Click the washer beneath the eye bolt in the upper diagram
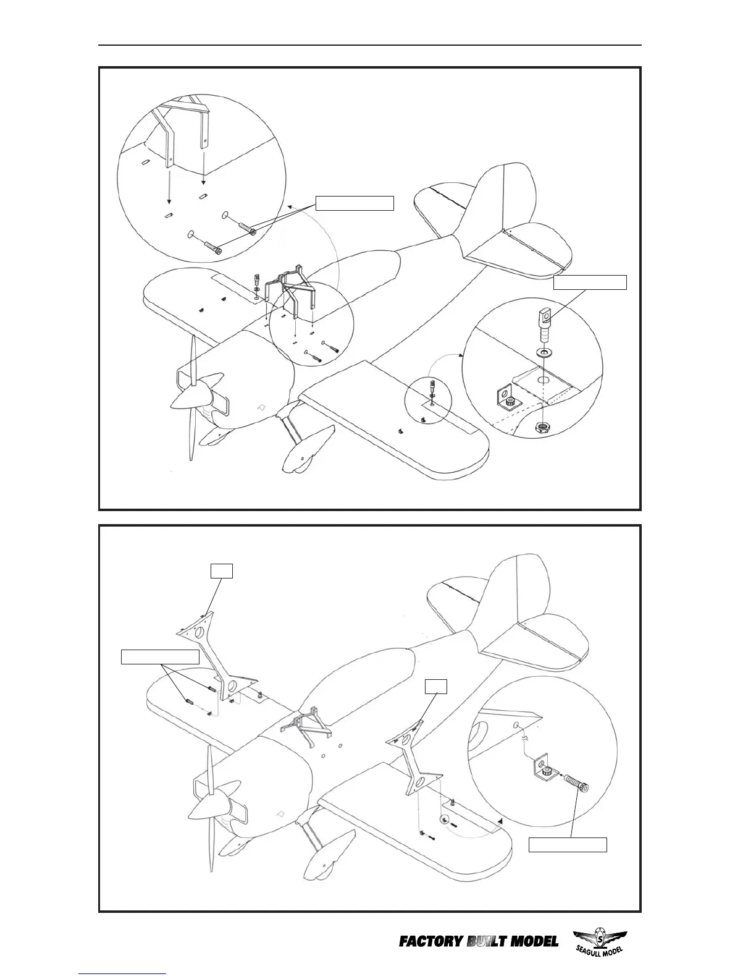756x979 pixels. tap(545, 352)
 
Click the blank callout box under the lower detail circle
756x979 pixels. tap(568, 844)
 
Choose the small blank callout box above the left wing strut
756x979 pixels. tap(221, 570)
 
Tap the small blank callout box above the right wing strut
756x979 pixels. tap(436, 686)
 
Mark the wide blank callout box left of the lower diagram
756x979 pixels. tap(160, 656)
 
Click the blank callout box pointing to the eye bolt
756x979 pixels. tap(590, 282)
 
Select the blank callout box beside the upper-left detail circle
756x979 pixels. tap(355, 203)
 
